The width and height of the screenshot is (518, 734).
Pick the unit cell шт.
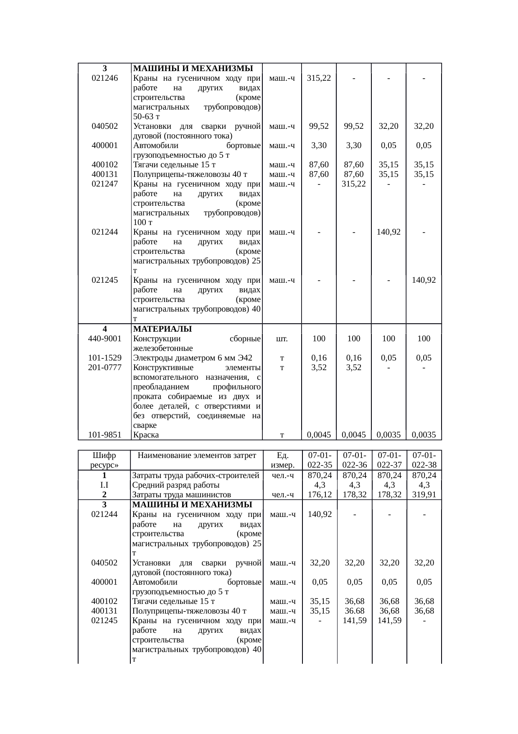[x=282, y=338]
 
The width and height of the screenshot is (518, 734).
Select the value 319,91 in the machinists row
[x=424, y=495]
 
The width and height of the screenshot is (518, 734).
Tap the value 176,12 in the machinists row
[x=320, y=495]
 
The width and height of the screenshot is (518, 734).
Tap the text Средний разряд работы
[x=176, y=485]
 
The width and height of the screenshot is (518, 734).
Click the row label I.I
[x=104, y=485]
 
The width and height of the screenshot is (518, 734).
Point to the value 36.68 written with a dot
[x=354, y=611]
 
